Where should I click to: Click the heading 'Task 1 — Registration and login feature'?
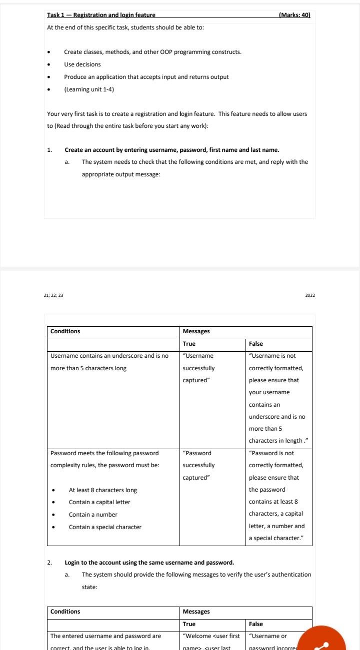coord(101,15)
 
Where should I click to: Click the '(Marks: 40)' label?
coord(294,15)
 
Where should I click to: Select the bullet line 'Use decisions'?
coord(82,64)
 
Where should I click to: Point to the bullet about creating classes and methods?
coord(152,52)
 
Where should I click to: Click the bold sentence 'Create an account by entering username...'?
coord(171,150)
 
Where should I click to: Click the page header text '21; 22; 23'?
coord(53,295)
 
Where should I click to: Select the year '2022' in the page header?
coord(310,295)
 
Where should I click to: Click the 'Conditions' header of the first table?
coord(65,331)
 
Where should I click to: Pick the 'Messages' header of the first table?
coord(196,331)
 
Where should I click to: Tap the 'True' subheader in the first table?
coord(189,344)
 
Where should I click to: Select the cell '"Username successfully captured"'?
coord(199,368)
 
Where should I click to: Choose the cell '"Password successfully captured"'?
coord(199,465)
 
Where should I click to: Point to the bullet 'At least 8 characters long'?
coord(102,490)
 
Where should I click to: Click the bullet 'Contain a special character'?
coord(105,527)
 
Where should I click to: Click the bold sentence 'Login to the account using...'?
coord(149,563)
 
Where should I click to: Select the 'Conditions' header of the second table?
coord(65,612)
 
